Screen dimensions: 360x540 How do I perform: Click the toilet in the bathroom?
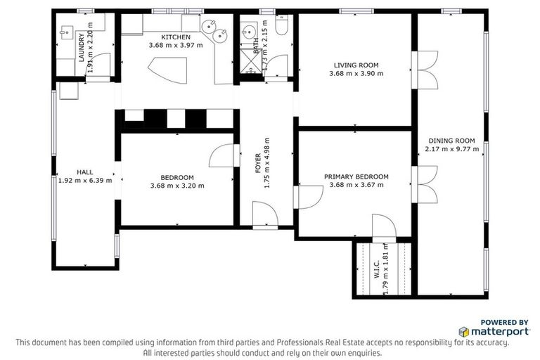[282, 27]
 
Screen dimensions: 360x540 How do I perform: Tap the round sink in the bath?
[248, 32]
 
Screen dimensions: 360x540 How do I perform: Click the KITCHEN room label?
[175, 37]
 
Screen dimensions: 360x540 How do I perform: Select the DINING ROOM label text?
[450, 140]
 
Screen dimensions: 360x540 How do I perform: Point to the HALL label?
[84, 171]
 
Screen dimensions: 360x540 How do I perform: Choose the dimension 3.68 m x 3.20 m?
[177, 186]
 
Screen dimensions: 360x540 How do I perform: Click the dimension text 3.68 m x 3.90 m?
[356, 73]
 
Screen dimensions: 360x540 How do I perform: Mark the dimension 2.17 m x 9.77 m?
[450, 148]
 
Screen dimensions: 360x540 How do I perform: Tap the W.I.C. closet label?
[377, 269]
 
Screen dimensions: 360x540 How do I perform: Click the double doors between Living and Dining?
[424, 68]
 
